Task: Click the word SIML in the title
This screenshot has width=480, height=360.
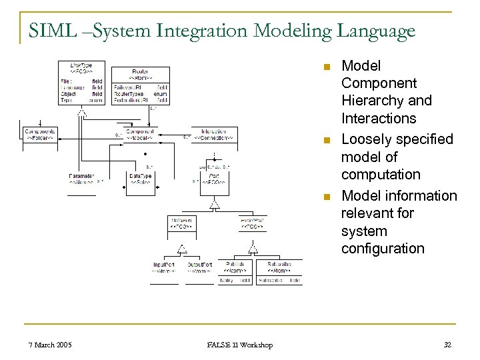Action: tap(50, 31)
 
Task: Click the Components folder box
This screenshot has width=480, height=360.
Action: tap(40, 135)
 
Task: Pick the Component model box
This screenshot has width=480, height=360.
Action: tap(140, 135)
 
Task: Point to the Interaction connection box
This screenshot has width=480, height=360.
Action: tap(214, 135)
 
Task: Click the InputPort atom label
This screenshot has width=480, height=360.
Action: tap(164, 267)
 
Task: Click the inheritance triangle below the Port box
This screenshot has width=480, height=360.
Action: tap(214, 205)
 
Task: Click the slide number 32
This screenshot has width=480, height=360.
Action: tap(447, 345)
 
